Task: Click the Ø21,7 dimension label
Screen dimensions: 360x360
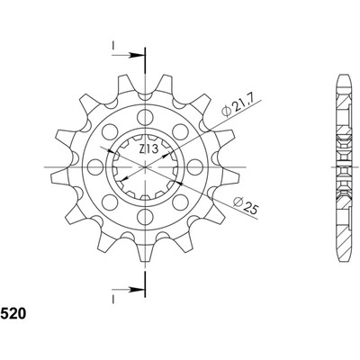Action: click(238, 106)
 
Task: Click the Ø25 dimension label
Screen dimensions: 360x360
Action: click(246, 205)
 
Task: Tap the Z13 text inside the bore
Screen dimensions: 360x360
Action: click(148, 149)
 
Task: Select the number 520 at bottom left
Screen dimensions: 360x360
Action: click(13, 313)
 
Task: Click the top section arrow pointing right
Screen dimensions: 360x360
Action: click(128, 56)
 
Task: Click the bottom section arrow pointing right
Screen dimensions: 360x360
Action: click(128, 290)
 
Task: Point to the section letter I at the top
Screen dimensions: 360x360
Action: click(113, 45)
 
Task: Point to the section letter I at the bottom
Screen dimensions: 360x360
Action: click(113, 299)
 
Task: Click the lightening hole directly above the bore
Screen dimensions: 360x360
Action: click(145, 117)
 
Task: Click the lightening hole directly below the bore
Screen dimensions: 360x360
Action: click(145, 216)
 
